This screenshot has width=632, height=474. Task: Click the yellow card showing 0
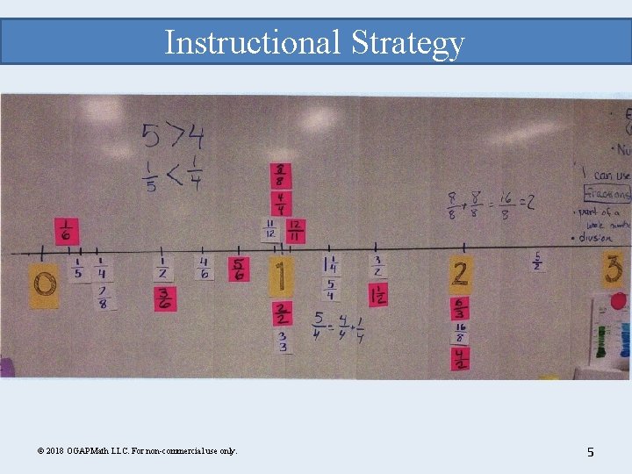point(44,285)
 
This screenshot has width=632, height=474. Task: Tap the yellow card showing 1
point(279,277)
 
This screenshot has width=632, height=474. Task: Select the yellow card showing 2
point(460,275)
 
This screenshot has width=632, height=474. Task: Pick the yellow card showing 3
point(614,270)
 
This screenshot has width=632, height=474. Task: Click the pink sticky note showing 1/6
point(67,232)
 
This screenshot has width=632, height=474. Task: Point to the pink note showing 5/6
point(239,269)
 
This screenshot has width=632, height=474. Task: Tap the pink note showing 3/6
point(165,298)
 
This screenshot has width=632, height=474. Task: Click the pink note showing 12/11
point(296,231)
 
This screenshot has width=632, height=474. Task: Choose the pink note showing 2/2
point(281,313)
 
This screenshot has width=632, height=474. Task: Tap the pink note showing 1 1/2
point(378,295)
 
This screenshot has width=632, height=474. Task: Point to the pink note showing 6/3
point(460,309)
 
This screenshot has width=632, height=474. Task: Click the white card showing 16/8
point(459,334)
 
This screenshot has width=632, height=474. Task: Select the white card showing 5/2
point(536,261)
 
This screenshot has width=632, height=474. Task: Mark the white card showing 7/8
point(103,298)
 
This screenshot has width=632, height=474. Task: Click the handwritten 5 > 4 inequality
point(172,137)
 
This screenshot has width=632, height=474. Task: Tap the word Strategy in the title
point(407,42)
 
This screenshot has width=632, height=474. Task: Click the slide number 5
point(591,452)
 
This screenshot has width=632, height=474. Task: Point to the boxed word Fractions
point(609,193)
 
